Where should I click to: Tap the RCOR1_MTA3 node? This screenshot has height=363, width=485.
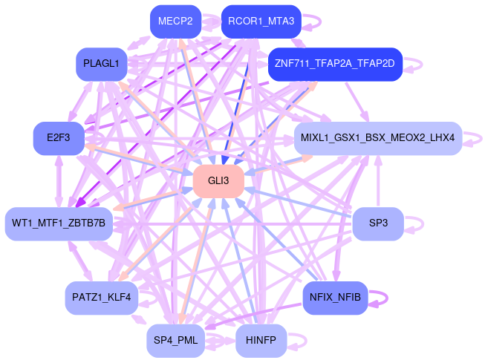(x=261, y=22)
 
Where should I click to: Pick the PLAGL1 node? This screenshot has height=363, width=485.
(x=102, y=63)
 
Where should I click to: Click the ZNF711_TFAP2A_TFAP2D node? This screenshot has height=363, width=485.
(x=334, y=63)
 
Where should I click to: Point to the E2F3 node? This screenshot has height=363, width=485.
(x=57, y=138)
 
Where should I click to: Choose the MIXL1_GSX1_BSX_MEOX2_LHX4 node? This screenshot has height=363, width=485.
(x=378, y=138)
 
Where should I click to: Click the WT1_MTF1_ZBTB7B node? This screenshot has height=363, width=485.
(x=59, y=223)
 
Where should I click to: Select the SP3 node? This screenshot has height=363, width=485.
(x=378, y=223)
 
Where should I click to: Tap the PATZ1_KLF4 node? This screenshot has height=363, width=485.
(x=101, y=297)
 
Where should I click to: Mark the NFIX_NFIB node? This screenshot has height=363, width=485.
(x=336, y=297)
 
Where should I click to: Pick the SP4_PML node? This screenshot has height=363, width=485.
(x=175, y=341)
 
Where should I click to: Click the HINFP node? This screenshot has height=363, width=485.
(x=261, y=341)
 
